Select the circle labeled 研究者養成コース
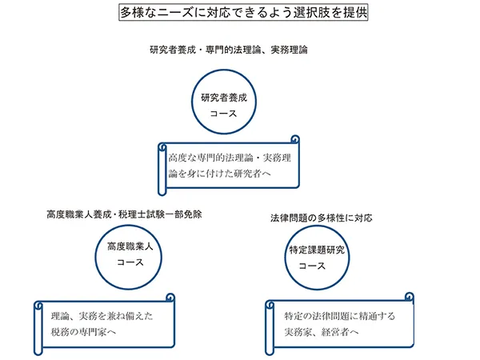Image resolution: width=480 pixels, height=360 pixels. click(223, 106)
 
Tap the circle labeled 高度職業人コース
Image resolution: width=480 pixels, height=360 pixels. click(130, 254)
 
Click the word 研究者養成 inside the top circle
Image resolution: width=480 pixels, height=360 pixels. click(223, 98)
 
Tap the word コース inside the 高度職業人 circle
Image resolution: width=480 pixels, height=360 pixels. click(130, 262)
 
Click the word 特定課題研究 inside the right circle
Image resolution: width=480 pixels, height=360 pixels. click(318, 250)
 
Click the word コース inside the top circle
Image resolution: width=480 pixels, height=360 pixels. click(223, 115)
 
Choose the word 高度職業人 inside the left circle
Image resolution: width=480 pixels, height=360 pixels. click(130, 246)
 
